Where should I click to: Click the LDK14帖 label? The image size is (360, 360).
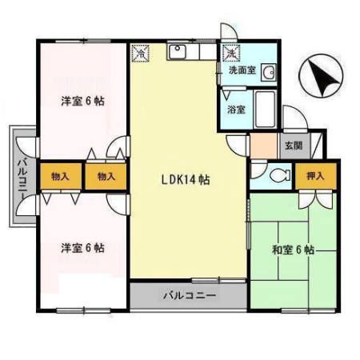pyautogui.click(x=182, y=180)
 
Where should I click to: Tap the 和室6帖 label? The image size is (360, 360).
pyautogui.click(x=292, y=250)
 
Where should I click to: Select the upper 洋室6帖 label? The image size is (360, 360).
pyautogui.click(x=83, y=101)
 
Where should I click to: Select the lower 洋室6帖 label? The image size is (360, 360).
pyautogui.click(x=83, y=248)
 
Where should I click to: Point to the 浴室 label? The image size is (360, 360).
pyautogui.click(x=236, y=108)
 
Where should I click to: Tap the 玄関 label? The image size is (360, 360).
pyautogui.click(x=293, y=146)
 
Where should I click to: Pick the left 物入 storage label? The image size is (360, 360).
pyautogui.click(x=59, y=176)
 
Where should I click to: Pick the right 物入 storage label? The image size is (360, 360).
pyautogui.click(x=106, y=176)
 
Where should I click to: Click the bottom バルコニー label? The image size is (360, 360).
pyautogui.click(x=190, y=295)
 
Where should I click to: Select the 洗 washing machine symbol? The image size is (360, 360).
pyautogui.click(x=231, y=53)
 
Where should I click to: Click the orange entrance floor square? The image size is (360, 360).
pyautogui.click(x=262, y=146)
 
